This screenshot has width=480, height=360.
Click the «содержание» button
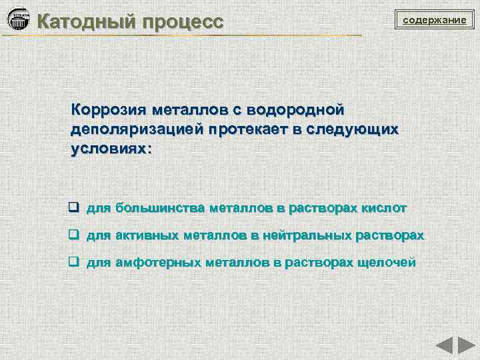pyautogui.click(x=433, y=21)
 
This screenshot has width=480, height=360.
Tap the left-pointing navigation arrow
pyautogui.click(x=445, y=346)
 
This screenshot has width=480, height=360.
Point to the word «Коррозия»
pyautogui.click(x=109, y=109)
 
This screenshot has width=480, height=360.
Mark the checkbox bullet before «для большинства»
pyautogui.click(x=75, y=207)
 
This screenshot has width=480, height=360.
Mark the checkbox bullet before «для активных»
pyautogui.click(x=75, y=235)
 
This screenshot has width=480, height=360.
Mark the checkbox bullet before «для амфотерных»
pyautogui.click(x=75, y=262)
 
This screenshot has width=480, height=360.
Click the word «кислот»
pyautogui.click(x=383, y=208)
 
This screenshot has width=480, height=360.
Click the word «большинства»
pyautogui.click(x=160, y=208)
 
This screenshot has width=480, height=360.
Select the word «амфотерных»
pyautogui.click(x=158, y=263)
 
